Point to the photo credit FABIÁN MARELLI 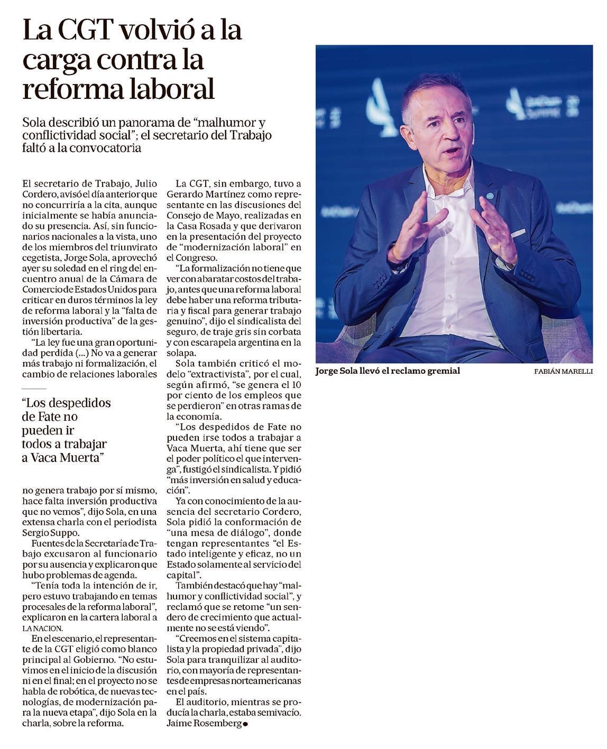tap(563, 372)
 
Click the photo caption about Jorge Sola tap(388, 371)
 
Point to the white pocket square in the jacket tap(518, 233)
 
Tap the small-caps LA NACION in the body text tap(42, 628)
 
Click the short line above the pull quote tap(31, 389)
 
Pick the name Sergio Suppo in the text tap(50, 532)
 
